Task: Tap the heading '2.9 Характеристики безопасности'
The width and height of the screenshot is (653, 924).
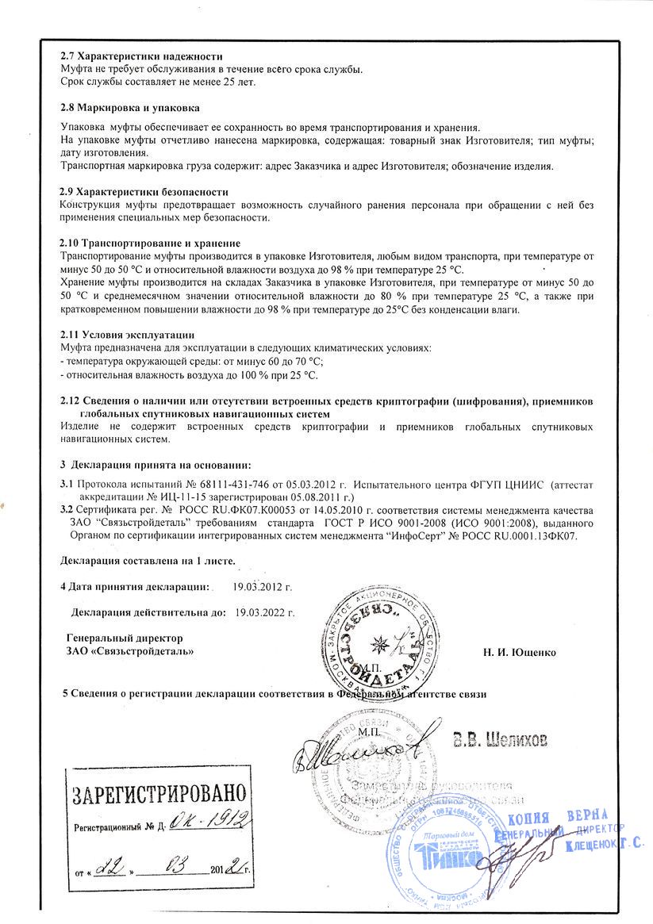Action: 144,192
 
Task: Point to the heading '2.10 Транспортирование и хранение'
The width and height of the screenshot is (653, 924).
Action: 151,243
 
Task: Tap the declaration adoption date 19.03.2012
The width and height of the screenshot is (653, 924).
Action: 263,587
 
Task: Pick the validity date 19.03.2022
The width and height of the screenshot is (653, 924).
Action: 264,612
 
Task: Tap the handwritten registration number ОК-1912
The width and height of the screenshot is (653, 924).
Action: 209,822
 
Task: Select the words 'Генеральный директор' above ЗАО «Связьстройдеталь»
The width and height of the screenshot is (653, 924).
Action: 125,638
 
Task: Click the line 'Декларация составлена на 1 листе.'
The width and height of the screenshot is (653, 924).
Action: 148,562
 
